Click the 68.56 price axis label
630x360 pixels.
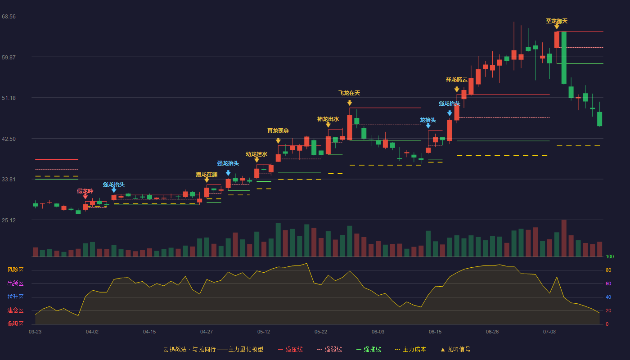click(x=9, y=17)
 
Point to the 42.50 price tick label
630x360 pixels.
click(x=9, y=139)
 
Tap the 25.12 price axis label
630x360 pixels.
click(x=9, y=220)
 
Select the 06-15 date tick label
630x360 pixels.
click(x=435, y=332)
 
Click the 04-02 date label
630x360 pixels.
click(x=92, y=332)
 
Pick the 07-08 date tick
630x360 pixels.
click(x=549, y=332)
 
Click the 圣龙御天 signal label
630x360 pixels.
click(x=557, y=21)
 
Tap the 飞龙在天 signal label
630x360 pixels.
click(x=349, y=93)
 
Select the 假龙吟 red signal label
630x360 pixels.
click(x=85, y=191)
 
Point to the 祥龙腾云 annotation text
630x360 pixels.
click(x=457, y=80)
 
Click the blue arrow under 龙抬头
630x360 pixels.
click(x=428, y=126)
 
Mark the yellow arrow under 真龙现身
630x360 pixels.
click(x=278, y=140)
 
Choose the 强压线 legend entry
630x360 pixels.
click(x=290, y=350)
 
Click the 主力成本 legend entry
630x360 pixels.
click(x=410, y=350)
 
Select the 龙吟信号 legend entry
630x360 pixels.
click(x=455, y=350)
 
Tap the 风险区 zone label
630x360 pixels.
click(x=15, y=270)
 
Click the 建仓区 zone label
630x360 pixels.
click(x=15, y=310)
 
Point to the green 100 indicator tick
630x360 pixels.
click(x=610, y=257)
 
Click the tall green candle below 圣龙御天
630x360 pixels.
click(x=564, y=58)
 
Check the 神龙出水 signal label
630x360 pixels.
click(x=328, y=119)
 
